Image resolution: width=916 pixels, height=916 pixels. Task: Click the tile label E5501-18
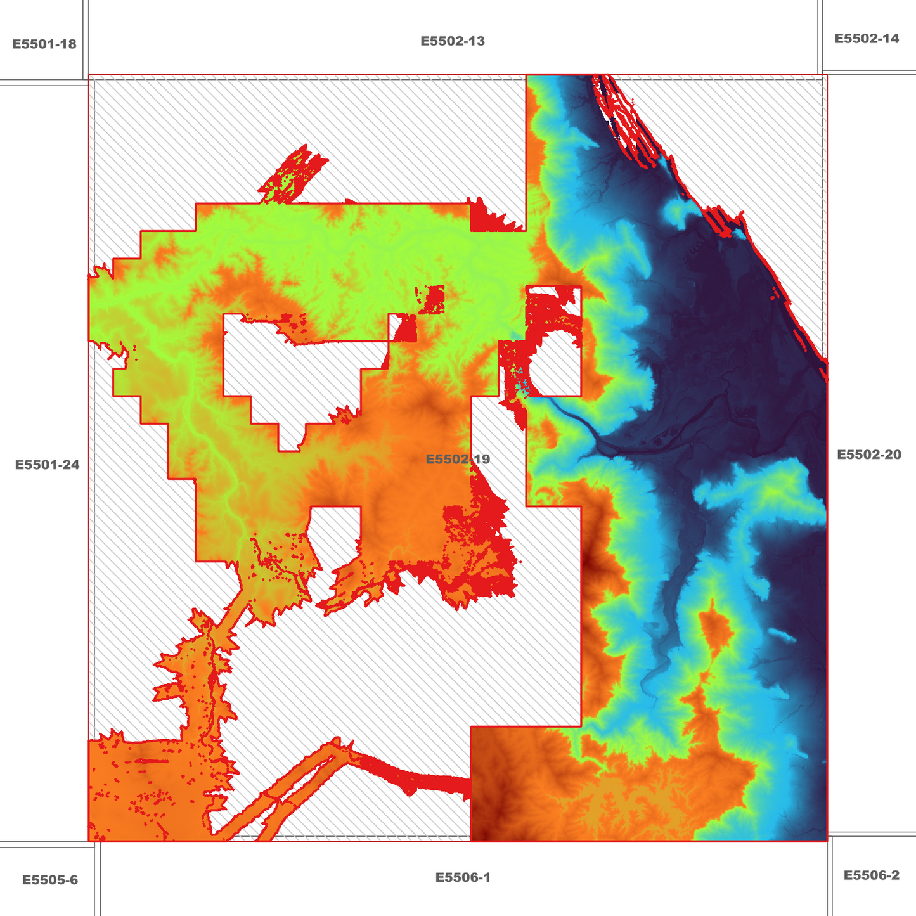click(x=44, y=44)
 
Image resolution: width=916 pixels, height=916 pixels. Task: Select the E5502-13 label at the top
click(x=453, y=41)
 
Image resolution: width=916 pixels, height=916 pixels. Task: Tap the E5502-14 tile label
click(x=867, y=39)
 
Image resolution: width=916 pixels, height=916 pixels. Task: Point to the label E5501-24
click(x=48, y=465)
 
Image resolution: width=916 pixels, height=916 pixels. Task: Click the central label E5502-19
click(x=458, y=459)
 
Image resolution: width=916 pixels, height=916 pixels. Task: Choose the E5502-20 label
click(x=869, y=455)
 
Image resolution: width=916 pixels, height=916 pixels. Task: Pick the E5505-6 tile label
click(x=50, y=880)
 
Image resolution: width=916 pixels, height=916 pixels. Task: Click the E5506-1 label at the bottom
click(x=463, y=877)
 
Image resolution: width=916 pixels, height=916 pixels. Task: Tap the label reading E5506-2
click(x=871, y=875)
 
